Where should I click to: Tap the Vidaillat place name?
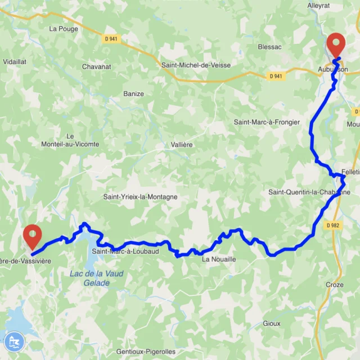[x=14, y=61]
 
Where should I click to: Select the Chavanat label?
[x=96, y=66]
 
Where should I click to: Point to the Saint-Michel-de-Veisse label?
[x=196, y=65]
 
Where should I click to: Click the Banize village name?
[x=133, y=93]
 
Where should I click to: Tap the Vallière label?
[x=182, y=145]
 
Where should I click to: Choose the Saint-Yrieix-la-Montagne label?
[x=140, y=197]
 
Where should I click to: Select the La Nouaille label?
[x=219, y=259]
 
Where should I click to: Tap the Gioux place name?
[x=272, y=323]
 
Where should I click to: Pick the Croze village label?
[x=334, y=285]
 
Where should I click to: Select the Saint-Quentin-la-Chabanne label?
[x=309, y=192]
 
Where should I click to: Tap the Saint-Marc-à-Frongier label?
[x=266, y=122]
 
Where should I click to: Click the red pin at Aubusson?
[x=336, y=44]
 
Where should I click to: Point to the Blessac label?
[x=269, y=47]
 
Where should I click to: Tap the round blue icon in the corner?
[x=12, y=341]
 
